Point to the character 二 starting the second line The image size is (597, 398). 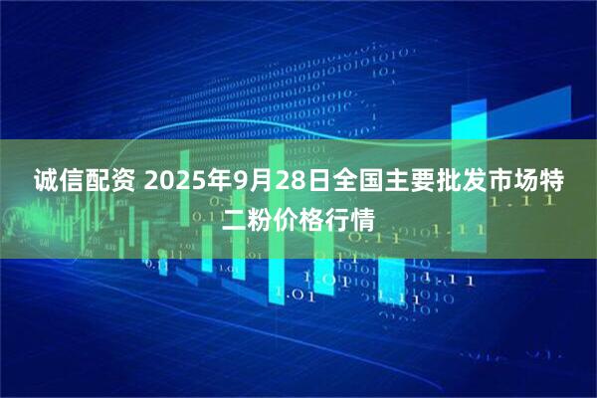235,217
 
